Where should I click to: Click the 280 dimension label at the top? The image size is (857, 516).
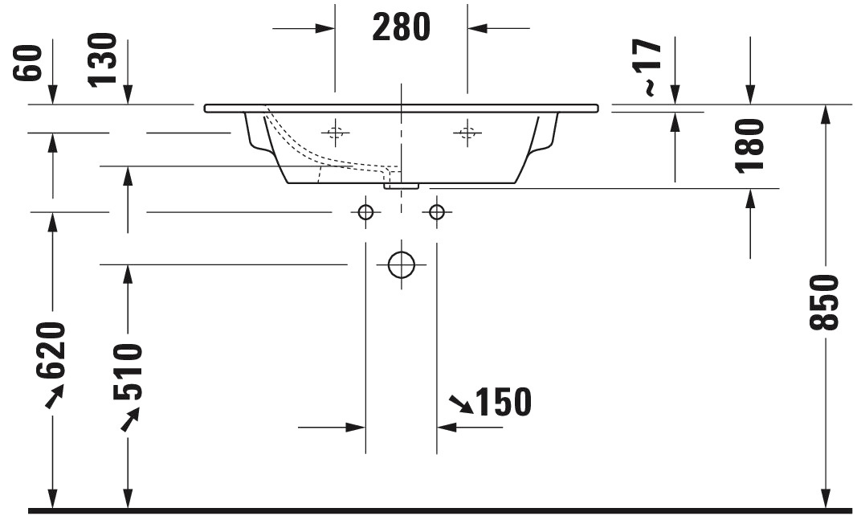tap(401, 27)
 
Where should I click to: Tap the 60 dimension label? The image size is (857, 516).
tap(28, 63)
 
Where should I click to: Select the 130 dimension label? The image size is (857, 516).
tap(103, 59)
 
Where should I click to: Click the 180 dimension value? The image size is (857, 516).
tap(749, 145)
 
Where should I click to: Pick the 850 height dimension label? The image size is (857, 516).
tap(823, 302)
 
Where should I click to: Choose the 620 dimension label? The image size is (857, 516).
tap(51, 350)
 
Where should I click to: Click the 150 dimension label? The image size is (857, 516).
tap(503, 402)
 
